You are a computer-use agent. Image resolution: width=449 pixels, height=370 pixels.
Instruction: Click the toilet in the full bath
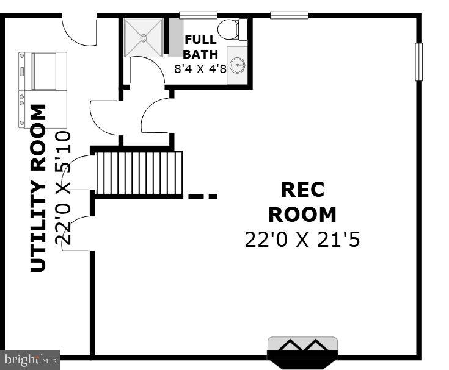pos(233,29)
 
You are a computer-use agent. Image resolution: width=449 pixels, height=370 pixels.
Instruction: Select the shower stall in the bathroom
pos(144,38)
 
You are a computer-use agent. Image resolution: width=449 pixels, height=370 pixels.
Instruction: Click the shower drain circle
pos(144,38)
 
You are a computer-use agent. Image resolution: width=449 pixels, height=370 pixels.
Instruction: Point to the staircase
pos(139,173)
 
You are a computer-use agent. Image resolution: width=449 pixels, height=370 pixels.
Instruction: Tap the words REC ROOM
pos(302,202)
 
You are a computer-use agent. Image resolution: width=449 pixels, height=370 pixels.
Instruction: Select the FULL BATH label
pos(200,47)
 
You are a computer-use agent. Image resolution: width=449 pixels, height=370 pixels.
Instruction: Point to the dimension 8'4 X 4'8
pos(200,68)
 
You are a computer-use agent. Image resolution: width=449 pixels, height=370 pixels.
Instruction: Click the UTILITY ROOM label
pos(38,188)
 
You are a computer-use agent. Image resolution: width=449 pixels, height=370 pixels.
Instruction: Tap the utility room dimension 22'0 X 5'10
pos(64,188)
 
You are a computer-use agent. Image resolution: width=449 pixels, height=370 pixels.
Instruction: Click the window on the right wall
pos(419,62)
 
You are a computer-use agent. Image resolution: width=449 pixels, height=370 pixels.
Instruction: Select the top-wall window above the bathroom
pos(198,15)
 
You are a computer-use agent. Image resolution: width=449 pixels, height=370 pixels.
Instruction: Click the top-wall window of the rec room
pos(289,15)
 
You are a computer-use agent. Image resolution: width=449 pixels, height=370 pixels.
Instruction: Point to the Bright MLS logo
pos(30,360)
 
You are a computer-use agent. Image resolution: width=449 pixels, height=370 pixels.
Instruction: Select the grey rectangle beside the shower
pos(176,38)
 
